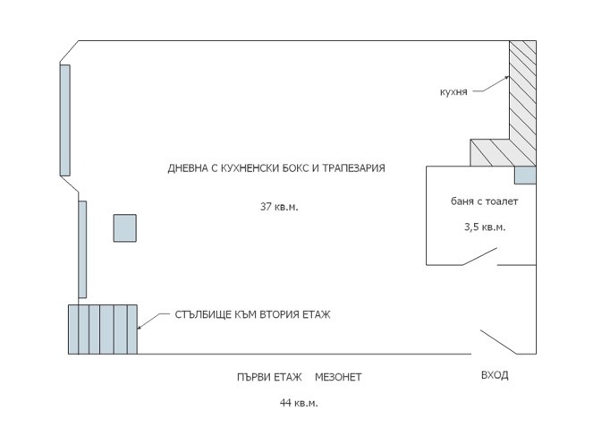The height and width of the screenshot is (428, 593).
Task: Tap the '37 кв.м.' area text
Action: click(x=279, y=207)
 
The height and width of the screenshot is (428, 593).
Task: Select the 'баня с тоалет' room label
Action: click(x=484, y=201)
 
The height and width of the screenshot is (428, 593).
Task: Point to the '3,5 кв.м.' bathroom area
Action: click(x=484, y=227)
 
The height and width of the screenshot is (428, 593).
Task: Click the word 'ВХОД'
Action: click(x=494, y=375)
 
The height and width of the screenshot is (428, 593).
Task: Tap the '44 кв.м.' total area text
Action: click(x=299, y=403)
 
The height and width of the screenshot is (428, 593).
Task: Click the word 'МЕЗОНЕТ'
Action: click(x=338, y=377)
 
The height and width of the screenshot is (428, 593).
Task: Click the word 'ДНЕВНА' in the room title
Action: click(x=190, y=168)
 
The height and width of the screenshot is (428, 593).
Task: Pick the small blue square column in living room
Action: click(x=124, y=228)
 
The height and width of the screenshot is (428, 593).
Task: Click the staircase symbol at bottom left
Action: click(x=102, y=330)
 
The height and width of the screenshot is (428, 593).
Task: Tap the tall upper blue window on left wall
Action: click(x=64, y=119)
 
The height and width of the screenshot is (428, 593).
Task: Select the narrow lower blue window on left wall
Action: click(x=82, y=249)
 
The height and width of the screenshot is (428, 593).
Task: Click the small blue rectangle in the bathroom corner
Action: click(x=524, y=175)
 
